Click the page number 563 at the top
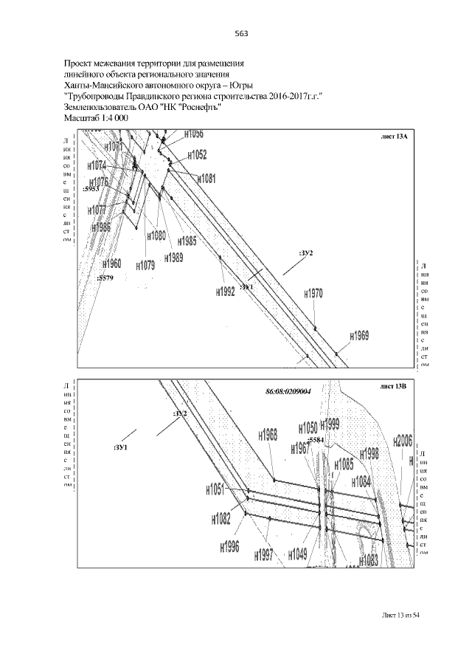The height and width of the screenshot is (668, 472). (x=240, y=33)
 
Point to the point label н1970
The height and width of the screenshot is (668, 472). (x=314, y=293)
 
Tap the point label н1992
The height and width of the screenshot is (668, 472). (x=226, y=292)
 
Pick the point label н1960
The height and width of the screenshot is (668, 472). (x=111, y=264)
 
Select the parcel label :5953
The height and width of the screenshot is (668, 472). (x=91, y=190)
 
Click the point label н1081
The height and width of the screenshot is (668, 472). (x=207, y=179)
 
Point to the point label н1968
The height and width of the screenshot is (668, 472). (x=268, y=435)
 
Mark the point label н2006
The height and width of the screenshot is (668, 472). (x=402, y=441)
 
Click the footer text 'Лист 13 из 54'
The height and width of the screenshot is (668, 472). (x=406, y=614)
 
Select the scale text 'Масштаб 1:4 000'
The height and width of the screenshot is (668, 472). (x=97, y=117)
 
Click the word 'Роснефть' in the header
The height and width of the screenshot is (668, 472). (x=200, y=106)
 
